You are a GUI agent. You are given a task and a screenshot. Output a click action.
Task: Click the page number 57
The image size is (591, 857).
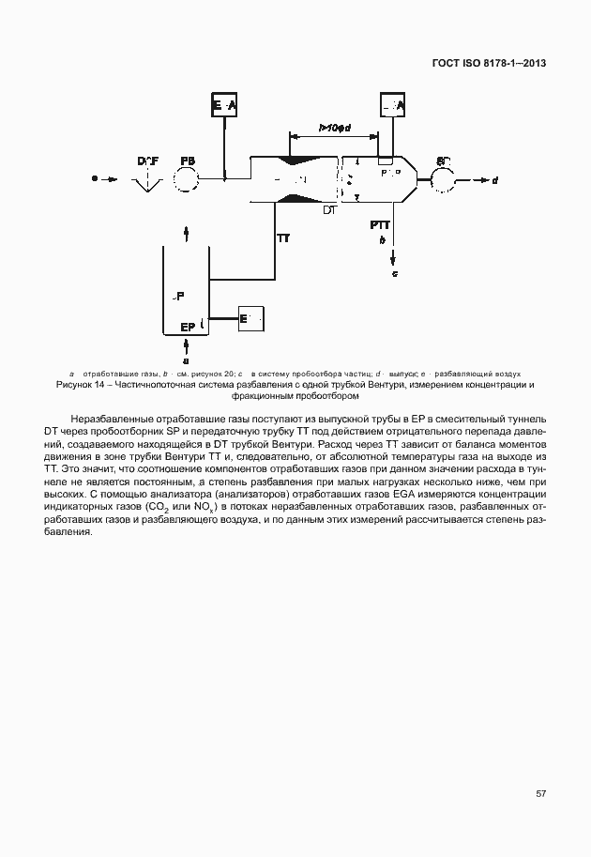pos(541,793)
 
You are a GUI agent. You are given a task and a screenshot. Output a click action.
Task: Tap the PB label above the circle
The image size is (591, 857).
pos(189,161)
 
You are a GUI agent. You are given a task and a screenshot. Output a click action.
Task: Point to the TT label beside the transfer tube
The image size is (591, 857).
pos(282,238)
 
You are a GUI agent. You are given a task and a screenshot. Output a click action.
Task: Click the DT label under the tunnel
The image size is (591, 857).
pos(328,210)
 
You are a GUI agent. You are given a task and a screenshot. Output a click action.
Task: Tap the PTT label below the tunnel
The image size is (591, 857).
pos(380,225)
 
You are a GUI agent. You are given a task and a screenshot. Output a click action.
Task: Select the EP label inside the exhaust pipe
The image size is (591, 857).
pos(186,327)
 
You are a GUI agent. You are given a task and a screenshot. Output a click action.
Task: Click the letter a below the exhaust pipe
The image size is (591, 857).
pos(186,359)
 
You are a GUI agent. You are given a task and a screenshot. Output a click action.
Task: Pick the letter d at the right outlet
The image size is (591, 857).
pos(494,179)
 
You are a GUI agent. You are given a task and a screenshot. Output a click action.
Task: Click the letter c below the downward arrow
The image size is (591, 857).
pos(395,273)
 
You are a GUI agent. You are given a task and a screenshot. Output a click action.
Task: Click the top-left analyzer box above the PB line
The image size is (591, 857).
pos(224,107)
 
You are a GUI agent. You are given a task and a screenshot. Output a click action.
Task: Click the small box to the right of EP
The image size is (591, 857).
pos(251,319)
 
